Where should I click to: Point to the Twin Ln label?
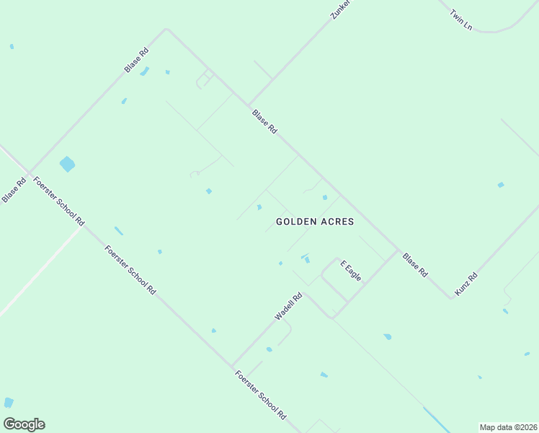[x=460, y=19]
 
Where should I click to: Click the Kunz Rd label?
[x=466, y=284]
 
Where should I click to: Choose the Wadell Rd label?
[x=288, y=307]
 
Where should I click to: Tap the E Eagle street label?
[x=350, y=271]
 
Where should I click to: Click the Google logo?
[x=24, y=424]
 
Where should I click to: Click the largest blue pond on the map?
[x=67, y=164]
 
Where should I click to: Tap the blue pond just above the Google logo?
[x=8, y=403]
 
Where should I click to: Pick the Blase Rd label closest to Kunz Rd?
[x=415, y=265]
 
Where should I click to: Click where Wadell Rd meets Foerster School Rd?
[x=232, y=365]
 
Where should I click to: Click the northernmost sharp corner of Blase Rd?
[x=167, y=30]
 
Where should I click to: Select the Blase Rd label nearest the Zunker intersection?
[x=264, y=121]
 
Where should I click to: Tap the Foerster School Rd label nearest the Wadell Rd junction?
[x=260, y=395]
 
